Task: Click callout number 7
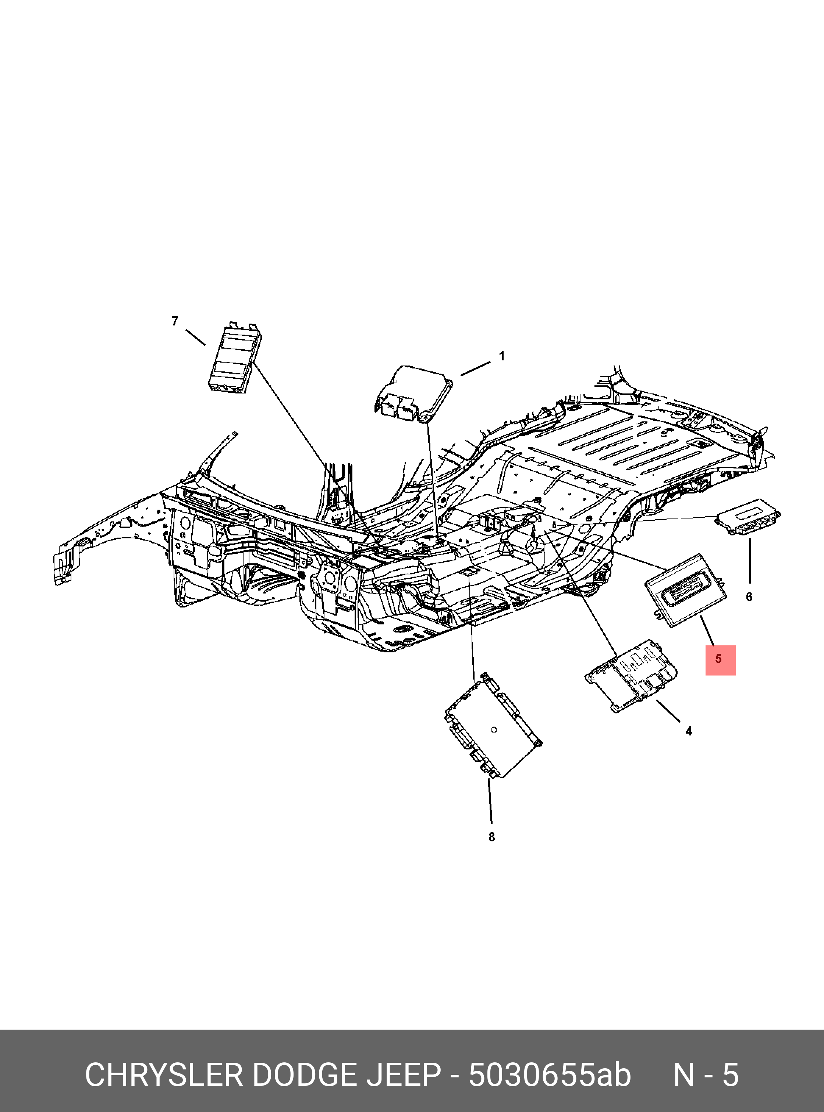tap(175, 321)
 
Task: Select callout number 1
tap(502, 356)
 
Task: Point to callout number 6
tap(749, 597)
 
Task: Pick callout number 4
tap(689, 731)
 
